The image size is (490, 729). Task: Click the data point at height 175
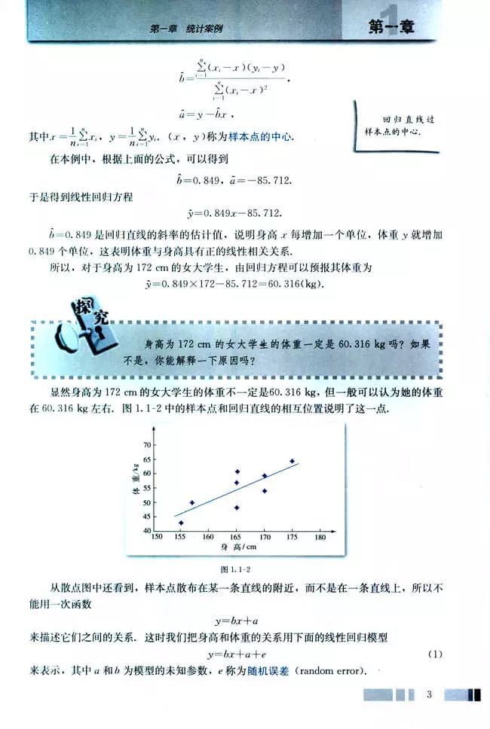(x=292, y=461)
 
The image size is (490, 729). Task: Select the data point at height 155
(x=180, y=523)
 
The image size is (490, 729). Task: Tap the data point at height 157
(x=191, y=502)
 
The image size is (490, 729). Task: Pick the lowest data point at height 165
(x=237, y=508)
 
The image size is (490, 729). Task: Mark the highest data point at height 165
(x=237, y=471)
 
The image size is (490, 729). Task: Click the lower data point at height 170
(x=265, y=491)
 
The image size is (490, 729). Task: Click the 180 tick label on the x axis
(x=320, y=538)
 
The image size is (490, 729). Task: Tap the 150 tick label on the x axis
(x=158, y=538)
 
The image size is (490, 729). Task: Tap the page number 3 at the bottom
(x=427, y=694)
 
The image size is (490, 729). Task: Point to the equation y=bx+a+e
(x=237, y=654)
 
